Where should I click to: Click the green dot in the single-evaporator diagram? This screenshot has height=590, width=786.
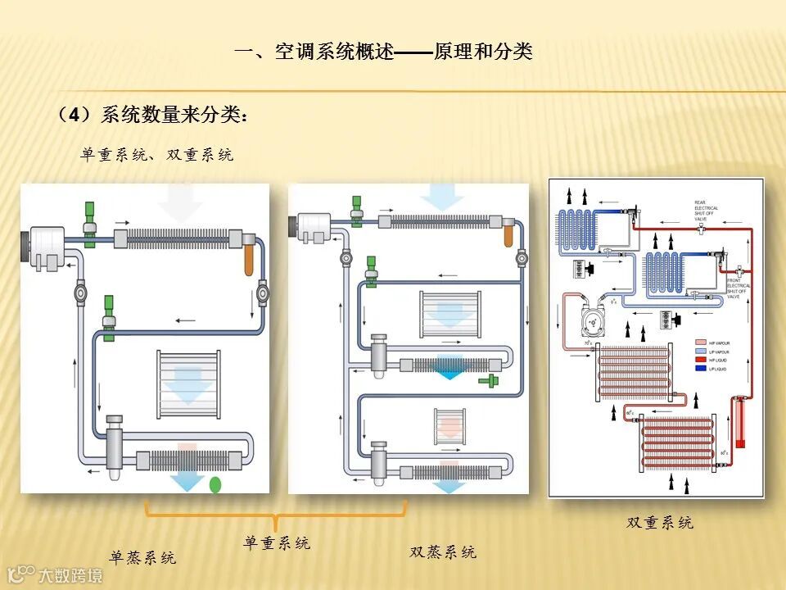(215, 484)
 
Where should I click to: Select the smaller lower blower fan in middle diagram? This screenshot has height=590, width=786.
(448, 427)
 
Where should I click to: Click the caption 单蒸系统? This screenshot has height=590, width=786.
(143, 559)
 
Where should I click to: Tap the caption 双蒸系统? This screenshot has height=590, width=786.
(443, 552)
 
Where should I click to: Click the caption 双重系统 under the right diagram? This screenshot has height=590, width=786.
(660, 523)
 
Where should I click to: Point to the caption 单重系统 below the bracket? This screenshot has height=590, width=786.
(277, 542)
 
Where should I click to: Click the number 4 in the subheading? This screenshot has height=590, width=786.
(75, 116)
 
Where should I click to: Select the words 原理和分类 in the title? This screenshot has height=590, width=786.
(483, 52)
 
